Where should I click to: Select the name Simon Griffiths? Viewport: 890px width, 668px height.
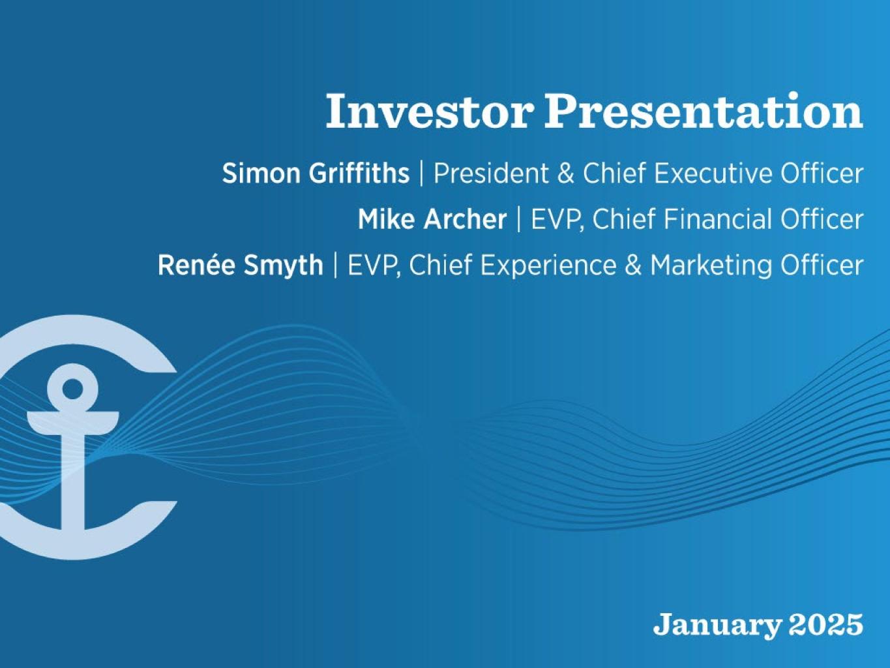click(316, 173)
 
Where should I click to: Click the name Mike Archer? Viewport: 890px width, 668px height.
click(432, 219)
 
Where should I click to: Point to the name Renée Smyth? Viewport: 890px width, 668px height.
click(241, 266)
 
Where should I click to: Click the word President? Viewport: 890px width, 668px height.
click(491, 173)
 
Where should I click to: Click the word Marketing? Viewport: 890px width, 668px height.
click(711, 266)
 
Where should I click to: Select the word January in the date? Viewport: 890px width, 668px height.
click(717, 626)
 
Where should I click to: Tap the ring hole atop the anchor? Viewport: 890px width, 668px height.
click(72, 389)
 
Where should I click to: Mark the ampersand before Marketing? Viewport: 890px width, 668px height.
click(633, 266)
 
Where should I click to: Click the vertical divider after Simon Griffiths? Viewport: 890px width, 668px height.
click(422, 173)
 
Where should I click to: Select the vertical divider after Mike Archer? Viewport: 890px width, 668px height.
click(519, 219)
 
